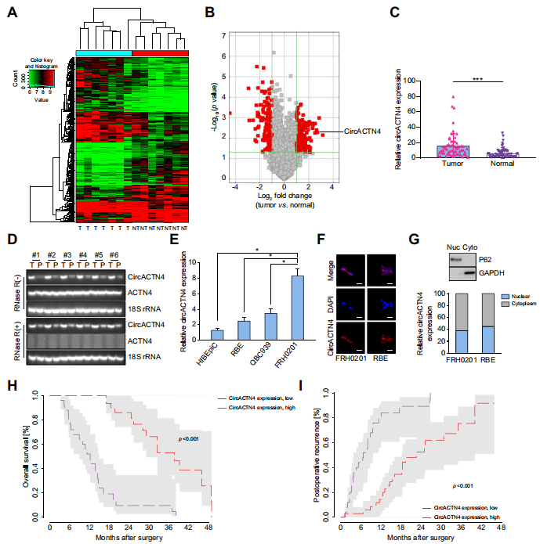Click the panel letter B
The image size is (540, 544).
click(x=210, y=13)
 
